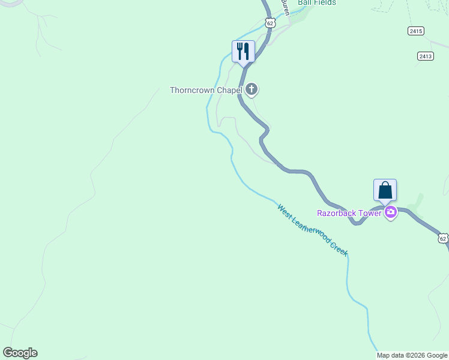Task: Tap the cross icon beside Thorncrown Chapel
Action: coord(252,90)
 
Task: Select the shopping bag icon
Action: coord(385,190)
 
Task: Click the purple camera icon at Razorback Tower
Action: coord(391,212)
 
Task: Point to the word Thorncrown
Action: coord(191,91)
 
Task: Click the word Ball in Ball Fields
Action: coord(305,2)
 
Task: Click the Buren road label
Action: coord(286,7)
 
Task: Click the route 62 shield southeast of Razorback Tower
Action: coord(443,238)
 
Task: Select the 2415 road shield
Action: coord(415,30)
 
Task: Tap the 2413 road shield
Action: coord(426,56)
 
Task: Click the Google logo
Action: coord(20,353)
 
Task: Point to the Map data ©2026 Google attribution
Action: coord(412,355)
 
